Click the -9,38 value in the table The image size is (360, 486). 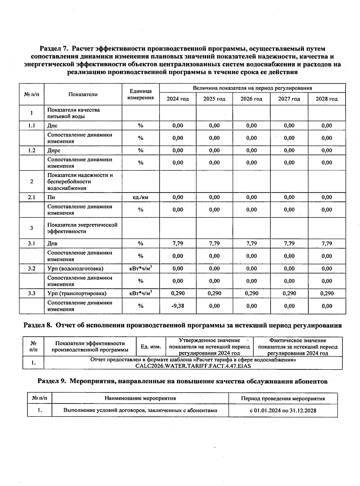pos(178,306)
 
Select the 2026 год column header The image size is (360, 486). pos(251,99)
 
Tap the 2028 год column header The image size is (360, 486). pos(327,99)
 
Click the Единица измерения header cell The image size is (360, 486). pos(140,94)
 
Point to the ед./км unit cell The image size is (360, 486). pos(140,197)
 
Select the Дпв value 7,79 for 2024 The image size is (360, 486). pos(178,243)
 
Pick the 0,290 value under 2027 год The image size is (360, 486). pos(289,294)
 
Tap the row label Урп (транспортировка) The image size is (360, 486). pos(77,294)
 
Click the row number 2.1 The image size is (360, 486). pos(31,197)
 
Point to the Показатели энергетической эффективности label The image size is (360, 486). pos(82,228)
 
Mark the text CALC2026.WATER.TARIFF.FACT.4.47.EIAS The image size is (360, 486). pos(193,366)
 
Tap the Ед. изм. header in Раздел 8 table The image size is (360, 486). pos(151,347)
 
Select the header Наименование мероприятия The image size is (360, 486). pos(140,398)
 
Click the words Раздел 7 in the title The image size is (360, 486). pos(54,49)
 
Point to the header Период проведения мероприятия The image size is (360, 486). pos(283,399)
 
